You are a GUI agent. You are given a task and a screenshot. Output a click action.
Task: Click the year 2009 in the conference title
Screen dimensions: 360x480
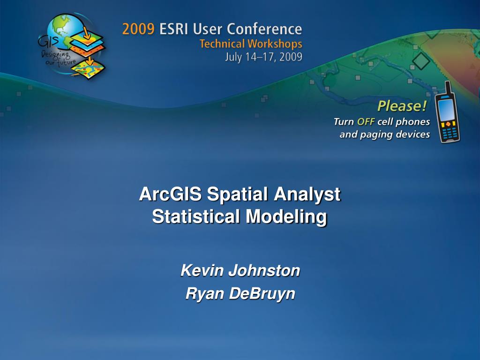tap(138, 30)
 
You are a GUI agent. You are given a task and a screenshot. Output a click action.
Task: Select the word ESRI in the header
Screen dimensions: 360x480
tap(176, 30)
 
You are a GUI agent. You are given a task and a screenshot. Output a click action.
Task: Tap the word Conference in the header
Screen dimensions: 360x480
tap(265, 30)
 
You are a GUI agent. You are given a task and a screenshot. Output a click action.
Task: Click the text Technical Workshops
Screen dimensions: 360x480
tap(251, 44)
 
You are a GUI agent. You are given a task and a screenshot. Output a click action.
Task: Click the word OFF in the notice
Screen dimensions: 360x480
tap(366, 122)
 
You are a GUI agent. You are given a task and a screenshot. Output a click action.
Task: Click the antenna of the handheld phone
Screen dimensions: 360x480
tap(448, 87)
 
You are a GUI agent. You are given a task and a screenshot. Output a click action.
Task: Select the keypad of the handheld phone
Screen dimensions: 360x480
tap(450, 134)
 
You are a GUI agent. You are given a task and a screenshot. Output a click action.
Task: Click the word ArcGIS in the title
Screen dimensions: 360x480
tap(171, 195)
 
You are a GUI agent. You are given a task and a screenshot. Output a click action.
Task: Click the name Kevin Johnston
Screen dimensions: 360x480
tap(240, 270)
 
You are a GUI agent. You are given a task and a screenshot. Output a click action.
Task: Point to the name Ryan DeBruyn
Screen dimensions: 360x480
tap(240, 293)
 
